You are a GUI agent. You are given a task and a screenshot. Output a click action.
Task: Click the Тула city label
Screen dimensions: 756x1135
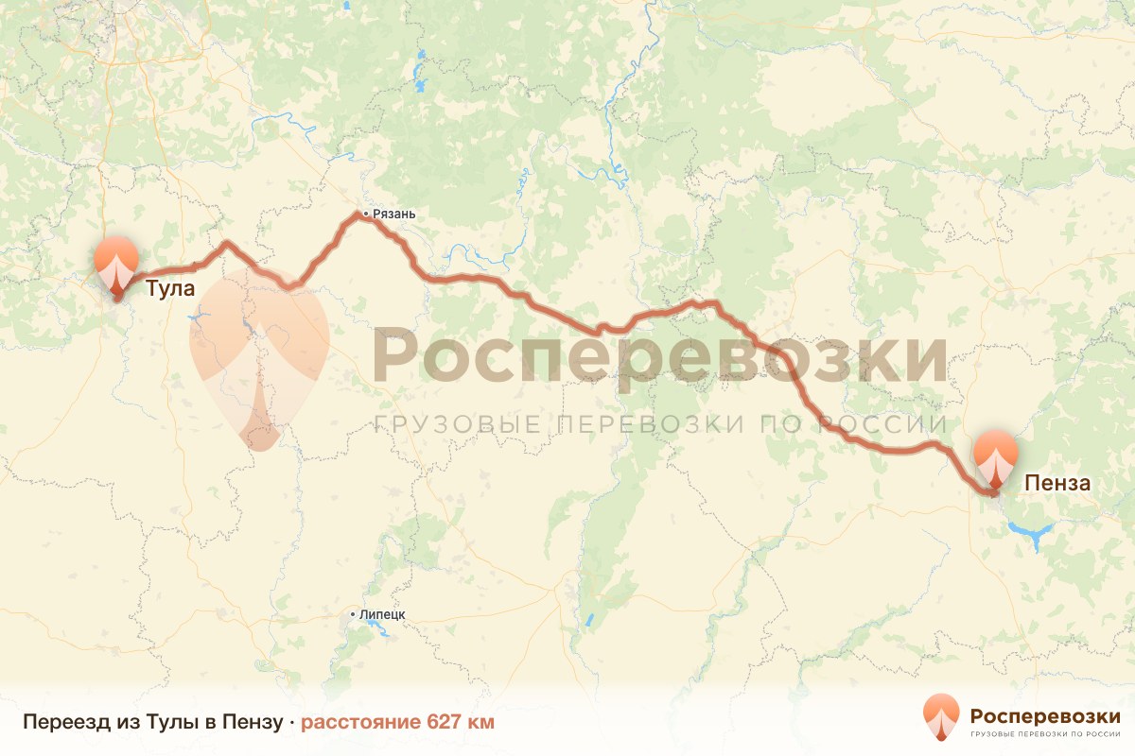pos(170,288)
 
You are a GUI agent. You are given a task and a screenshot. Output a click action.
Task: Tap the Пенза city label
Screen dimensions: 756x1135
pos(1057,484)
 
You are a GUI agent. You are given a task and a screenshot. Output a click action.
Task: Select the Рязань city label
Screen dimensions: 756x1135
pos(394,215)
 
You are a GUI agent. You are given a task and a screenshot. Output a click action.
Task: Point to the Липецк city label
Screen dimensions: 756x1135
pos(383,614)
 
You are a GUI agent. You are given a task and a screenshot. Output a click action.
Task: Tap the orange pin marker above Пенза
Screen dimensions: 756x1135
pos(996,456)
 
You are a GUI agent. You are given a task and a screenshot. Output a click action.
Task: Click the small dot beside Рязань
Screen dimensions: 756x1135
pos(366,215)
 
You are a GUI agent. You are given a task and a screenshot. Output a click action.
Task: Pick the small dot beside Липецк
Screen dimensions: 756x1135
pos(354,614)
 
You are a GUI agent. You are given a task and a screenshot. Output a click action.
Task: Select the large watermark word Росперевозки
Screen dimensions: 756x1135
pos(659,356)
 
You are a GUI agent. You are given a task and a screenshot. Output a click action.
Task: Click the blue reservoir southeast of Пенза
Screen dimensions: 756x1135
pos(1028,535)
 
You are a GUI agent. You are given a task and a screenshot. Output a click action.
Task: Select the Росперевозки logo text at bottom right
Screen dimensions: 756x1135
pos(1045,713)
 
